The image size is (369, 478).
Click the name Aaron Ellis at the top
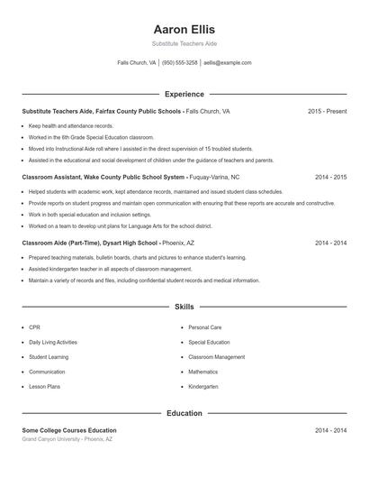click(184, 30)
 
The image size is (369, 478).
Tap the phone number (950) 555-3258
click(180, 63)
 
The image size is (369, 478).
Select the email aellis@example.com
click(227, 63)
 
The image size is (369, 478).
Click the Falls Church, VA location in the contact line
click(136, 63)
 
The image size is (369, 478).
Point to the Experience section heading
click(184, 94)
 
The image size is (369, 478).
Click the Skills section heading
click(184, 307)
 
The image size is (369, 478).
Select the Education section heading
click(184, 413)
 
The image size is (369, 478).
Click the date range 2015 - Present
click(327, 111)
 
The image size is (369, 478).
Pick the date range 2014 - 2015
click(330, 177)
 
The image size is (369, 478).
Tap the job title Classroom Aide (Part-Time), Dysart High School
click(91, 243)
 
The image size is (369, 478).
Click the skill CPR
click(34, 327)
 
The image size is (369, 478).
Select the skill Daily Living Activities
click(53, 342)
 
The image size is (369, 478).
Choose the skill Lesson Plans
click(44, 386)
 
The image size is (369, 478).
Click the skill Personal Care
click(204, 327)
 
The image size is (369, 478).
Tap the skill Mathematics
click(202, 372)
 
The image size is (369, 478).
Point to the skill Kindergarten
click(203, 386)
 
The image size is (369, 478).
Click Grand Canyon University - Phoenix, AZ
click(67, 439)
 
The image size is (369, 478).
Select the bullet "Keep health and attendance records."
click(71, 125)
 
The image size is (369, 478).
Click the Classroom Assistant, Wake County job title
click(104, 177)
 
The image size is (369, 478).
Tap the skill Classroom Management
click(216, 357)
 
